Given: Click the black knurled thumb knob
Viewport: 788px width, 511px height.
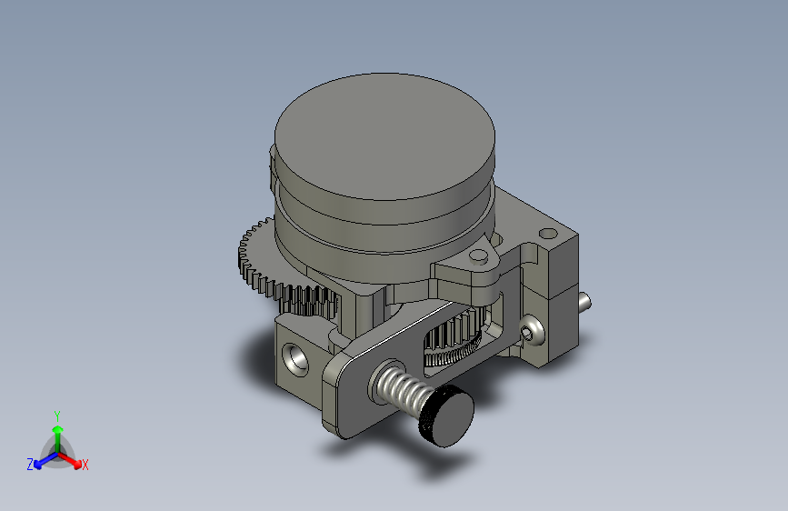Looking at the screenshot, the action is pos(446,416).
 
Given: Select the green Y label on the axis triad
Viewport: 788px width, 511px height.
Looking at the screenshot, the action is pos(57,416).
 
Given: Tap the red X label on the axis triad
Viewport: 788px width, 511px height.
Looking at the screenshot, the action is pos(85,466).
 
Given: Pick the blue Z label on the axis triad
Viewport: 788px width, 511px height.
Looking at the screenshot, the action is pos(30,465).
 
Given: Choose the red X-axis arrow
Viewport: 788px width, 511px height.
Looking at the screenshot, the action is pos(69,459).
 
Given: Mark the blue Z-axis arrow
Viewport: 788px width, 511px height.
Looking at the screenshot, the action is pos(46,460).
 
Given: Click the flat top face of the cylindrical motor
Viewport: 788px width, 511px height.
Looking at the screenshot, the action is pos(384,136).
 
